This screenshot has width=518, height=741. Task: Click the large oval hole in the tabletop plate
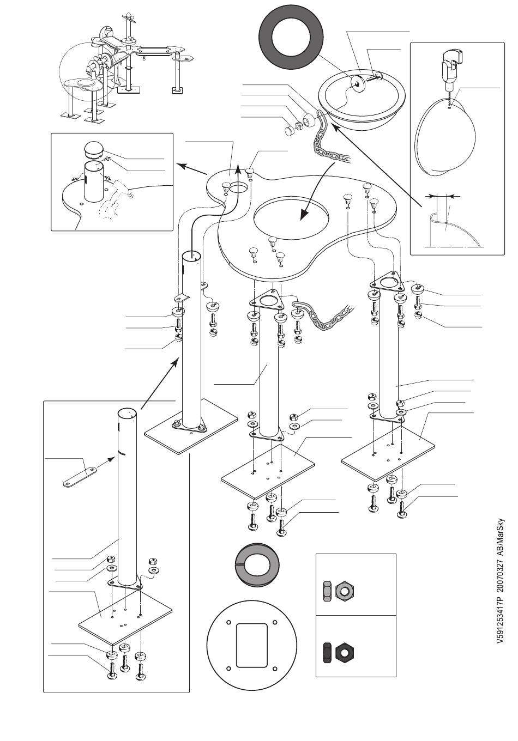point(292,216)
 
